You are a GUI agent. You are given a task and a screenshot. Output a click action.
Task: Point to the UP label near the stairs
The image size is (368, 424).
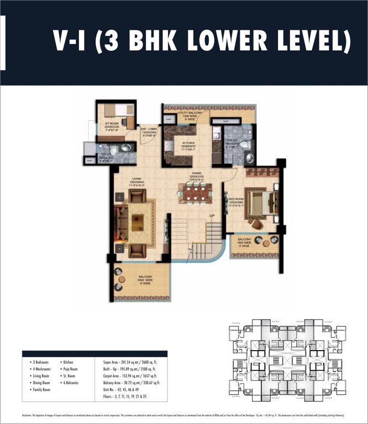tap(211, 215)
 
